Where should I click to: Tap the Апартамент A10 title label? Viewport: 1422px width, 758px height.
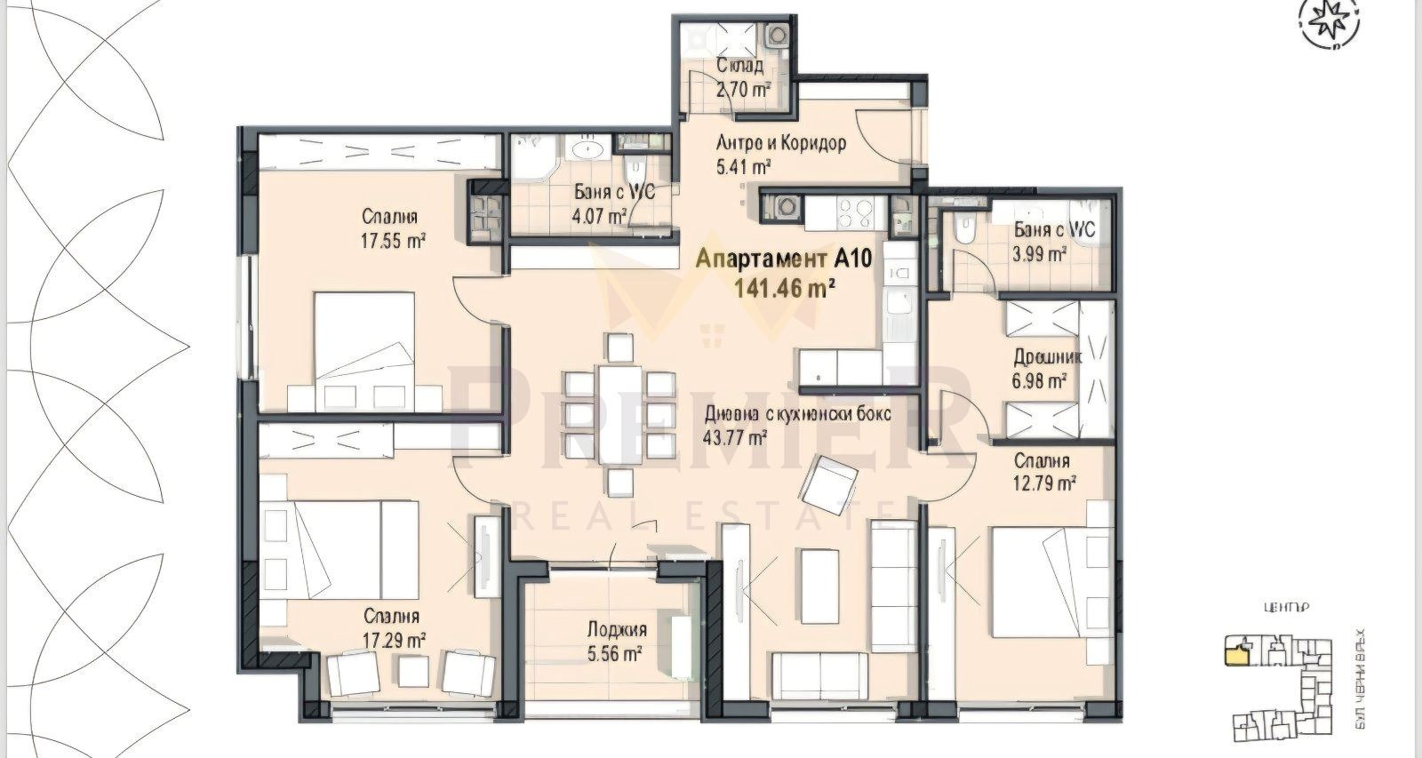point(773,259)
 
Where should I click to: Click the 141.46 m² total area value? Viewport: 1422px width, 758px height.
point(784,286)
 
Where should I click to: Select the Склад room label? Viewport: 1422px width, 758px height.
point(739,66)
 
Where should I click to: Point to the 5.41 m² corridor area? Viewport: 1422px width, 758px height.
point(742,166)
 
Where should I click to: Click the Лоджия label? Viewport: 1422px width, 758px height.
point(616,630)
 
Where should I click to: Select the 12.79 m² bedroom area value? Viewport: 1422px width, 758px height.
point(1046,483)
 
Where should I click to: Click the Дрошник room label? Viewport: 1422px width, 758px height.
point(1047,358)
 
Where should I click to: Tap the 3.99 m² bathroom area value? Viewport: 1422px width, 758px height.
point(1041,254)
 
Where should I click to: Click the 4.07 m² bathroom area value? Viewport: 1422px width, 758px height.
point(600,215)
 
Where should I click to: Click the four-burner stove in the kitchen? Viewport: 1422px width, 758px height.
point(851,212)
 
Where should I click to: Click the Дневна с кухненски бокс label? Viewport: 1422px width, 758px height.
point(797,414)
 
